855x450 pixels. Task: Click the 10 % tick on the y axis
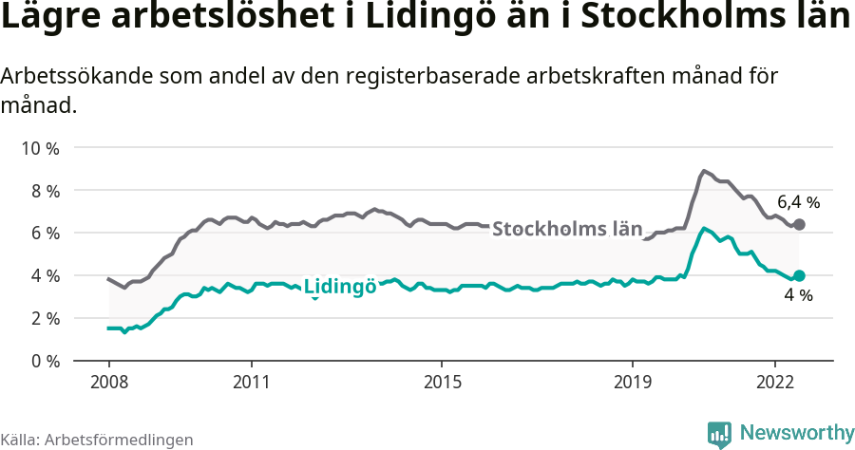coord(41,148)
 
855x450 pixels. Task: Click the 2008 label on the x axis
coord(108,382)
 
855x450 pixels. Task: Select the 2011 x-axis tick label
coord(251,382)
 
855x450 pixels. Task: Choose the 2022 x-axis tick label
coord(775,382)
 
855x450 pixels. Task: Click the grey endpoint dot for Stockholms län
coord(799,224)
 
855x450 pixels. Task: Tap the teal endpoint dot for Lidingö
coord(799,275)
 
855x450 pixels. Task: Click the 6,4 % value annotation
coord(798,202)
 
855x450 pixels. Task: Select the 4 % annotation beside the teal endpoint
coord(798,296)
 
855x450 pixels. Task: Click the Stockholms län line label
coord(567,229)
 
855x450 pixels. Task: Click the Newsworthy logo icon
coord(719,434)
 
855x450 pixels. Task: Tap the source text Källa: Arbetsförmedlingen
coord(97,440)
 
